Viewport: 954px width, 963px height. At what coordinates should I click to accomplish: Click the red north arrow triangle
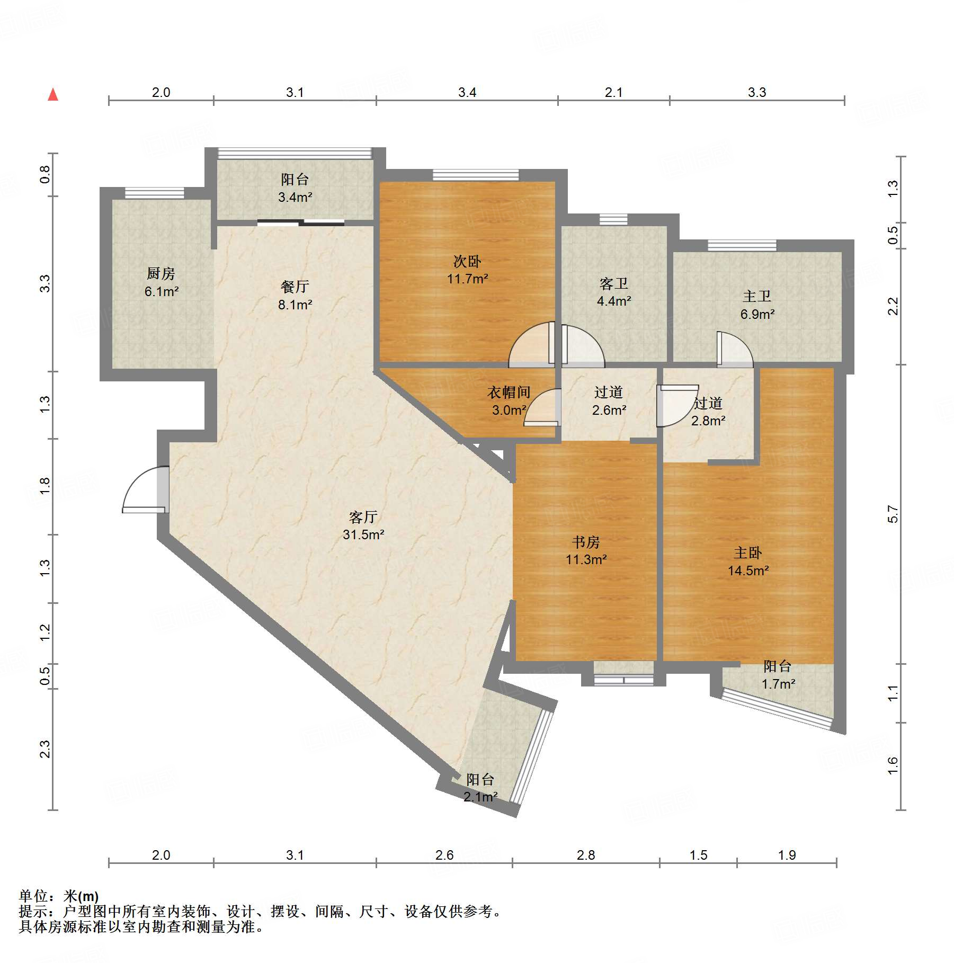click(x=53, y=94)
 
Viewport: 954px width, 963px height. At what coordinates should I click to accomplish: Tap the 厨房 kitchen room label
click(x=161, y=282)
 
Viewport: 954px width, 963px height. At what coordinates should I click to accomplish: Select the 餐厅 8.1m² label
click(x=295, y=296)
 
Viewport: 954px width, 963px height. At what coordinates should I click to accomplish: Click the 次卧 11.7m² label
click(x=467, y=270)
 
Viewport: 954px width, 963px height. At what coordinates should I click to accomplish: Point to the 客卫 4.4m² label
click(x=614, y=292)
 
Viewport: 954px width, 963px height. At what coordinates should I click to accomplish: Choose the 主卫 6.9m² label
click(x=757, y=305)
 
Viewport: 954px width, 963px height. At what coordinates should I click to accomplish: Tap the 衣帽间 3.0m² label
click(x=509, y=401)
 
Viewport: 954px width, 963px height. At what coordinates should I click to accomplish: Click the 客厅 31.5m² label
click(x=363, y=525)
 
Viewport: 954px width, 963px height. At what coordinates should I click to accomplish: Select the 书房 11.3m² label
click(x=586, y=550)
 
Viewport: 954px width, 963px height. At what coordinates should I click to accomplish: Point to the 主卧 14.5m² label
click(x=748, y=561)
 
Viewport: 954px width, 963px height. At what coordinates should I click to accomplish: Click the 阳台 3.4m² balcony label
click(x=295, y=188)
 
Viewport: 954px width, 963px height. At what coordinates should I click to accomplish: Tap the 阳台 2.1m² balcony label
click(x=480, y=788)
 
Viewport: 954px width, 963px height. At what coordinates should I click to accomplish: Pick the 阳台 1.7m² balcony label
click(x=778, y=675)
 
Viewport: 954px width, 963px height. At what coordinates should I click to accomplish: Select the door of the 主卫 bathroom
click(x=735, y=349)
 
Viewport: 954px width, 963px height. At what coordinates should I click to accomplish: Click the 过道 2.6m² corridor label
click(x=609, y=401)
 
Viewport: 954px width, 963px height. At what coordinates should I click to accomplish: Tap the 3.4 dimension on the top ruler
click(x=467, y=92)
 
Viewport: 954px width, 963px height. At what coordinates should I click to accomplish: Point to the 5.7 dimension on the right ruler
click(x=893, y=514)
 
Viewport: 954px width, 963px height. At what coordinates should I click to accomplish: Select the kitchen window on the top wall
click(x=154, y=193)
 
